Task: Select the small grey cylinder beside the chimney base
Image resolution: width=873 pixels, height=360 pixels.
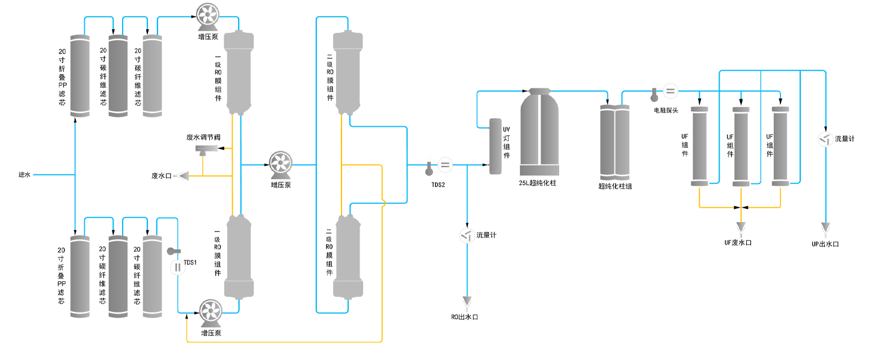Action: [x=495, y=144]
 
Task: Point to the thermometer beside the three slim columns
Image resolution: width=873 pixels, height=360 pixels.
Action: [x=655, y=94]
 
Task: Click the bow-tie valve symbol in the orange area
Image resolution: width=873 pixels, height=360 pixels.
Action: [x=741, y=207]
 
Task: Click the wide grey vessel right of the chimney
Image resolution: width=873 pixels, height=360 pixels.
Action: [x=606, y=139]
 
